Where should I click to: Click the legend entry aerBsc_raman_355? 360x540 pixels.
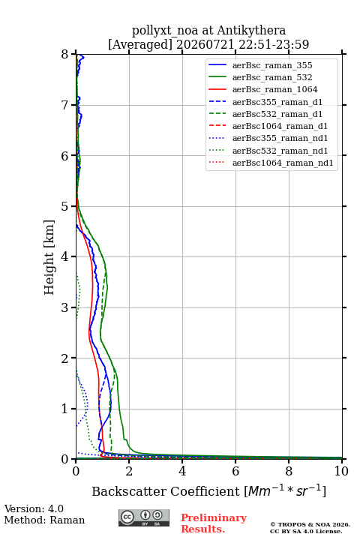pos(272,65)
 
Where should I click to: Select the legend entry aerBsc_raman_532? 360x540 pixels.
pos(272,77)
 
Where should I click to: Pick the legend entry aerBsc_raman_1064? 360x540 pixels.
pos(275,89)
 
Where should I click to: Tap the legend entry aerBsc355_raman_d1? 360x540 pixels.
pos(277,102)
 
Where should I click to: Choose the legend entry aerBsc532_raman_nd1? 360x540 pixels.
pos(280,151)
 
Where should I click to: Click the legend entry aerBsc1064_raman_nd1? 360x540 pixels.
pos(283,163)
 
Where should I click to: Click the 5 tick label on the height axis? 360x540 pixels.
pos(65,207)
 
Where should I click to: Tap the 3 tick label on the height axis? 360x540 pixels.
pos(65,307)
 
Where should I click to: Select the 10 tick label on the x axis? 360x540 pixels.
pos(341,471)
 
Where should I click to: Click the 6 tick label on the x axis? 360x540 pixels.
pos(235,471)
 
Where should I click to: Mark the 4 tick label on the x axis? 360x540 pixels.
pos(182,471)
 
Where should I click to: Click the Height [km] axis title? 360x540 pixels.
pos(49,257)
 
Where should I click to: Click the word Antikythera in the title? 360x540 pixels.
pos(251,31)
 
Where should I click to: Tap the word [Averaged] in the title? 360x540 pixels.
pos(140,45)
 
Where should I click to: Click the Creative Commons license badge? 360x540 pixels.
pos(144,517)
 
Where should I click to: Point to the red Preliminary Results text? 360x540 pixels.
pos(214,523)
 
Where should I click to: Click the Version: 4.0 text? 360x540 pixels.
pos(34,509)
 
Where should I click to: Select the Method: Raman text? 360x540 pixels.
pos(44,520)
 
